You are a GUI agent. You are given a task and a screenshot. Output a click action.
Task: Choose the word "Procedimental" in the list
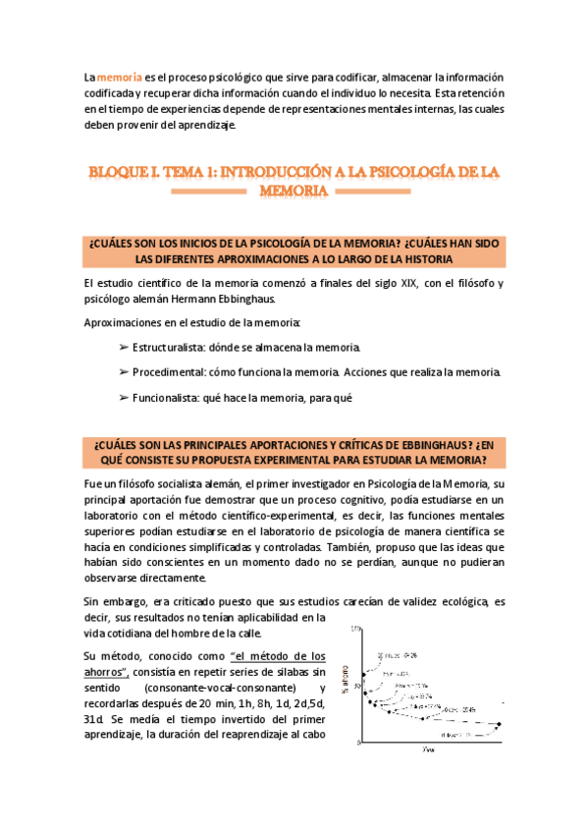click(x=171, y=372)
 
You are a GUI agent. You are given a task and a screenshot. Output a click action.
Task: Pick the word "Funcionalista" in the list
click(x=168, y=398)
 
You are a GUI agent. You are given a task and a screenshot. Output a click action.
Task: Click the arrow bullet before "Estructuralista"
click(x=123, y=348)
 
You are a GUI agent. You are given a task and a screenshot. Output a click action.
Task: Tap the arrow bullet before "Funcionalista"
click(x=123, y=398)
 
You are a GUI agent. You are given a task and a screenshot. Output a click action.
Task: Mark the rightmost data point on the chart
click(x=499, y=725)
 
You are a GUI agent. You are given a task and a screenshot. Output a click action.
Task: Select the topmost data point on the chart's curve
click(x=364, y=674)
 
